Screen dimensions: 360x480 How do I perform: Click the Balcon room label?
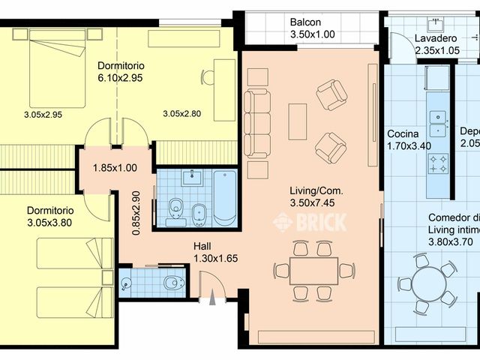[307, 22]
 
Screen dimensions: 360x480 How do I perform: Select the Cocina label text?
[403, 134]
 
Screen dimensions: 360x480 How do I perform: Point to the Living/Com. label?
[316, 190]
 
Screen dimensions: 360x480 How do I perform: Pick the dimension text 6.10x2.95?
[120, 77]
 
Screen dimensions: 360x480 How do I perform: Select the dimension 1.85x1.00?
[115, 169]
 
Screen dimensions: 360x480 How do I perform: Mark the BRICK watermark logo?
[310, 222]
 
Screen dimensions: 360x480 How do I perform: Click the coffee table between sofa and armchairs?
[298, 121]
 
